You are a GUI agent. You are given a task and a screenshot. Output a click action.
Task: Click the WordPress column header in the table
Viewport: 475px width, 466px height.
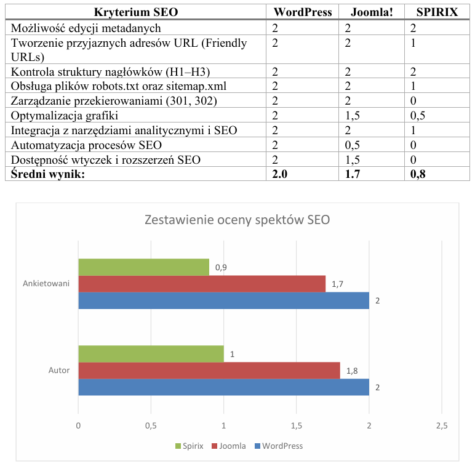pos(303,12)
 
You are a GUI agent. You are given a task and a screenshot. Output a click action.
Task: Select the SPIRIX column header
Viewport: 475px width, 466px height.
pos(437,12)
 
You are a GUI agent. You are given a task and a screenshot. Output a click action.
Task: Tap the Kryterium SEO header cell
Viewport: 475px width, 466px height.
pos(138,12)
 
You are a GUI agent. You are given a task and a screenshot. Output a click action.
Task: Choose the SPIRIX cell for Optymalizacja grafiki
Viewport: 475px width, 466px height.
pos(418,115)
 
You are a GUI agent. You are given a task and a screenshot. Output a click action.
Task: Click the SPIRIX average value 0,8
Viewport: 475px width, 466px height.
pos(418,174)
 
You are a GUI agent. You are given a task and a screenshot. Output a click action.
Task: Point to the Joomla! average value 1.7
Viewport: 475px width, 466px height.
pos(353,174)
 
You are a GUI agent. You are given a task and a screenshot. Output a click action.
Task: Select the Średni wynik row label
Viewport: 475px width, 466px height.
pos(46,174)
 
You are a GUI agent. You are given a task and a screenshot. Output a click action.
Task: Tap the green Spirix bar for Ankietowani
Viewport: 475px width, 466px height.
pos(143,267)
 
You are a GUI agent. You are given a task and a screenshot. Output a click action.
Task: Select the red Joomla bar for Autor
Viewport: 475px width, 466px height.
pos(209,371)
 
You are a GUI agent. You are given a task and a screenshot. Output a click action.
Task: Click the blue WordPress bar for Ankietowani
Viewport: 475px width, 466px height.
pos(223,300)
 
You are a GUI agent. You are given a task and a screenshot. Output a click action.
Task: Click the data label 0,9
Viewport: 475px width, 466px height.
pos(221,268)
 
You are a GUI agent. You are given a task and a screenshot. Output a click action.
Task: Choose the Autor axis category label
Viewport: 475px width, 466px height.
pos(59,371)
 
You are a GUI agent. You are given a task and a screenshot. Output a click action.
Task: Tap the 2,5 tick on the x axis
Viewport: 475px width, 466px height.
pos(442,425)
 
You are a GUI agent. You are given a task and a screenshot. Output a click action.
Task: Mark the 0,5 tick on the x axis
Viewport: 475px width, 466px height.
pos(151,425)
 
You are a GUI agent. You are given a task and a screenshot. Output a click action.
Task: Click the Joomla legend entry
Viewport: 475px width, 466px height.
pos(228,446)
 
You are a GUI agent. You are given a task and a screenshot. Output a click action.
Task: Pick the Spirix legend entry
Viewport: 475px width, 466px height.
pos(189,446)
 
